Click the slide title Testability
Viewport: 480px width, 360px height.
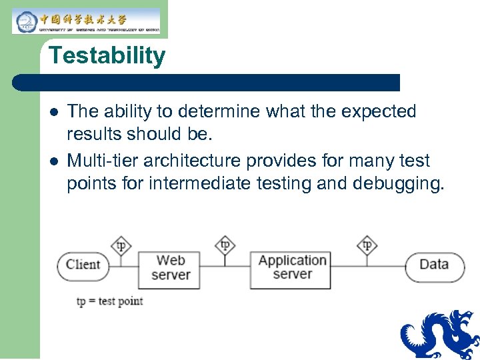click(x=107, y=55)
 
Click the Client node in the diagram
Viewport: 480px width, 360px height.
click(x=83, y=265)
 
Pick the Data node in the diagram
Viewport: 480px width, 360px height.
click(x=434, y=265)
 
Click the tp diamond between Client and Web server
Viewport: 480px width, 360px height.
click(x=121, y=245)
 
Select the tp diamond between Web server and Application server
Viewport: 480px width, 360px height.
click(x=225, y=245)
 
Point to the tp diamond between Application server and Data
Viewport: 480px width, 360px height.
click(x=367, y=245)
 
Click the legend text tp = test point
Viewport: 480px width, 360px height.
click(x=110, y=301)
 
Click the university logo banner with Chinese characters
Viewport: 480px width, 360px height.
click(x=86, y=21)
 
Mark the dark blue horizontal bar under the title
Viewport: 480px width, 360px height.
click(x=207, y=82)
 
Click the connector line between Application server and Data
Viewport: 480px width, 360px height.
click(x=367, y=265)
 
